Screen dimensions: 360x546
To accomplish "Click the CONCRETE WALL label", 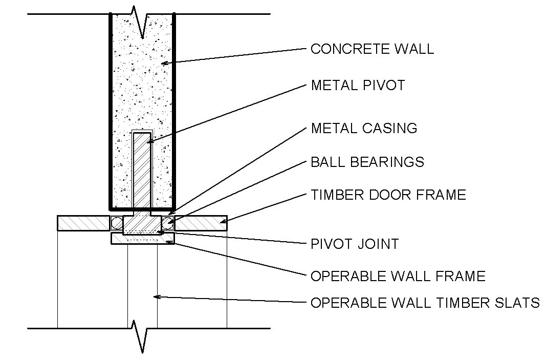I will click(x=372, y=49).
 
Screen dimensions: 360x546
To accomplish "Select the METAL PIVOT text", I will click(x=358, y=85).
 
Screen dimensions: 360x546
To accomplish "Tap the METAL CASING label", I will click(x=364, y=128).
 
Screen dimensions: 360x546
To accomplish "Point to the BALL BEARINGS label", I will click(x=367, y=162).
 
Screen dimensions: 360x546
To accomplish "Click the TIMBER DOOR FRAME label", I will click(x=388, y=195).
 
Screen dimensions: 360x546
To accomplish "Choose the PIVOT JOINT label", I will click(x=355, y=244).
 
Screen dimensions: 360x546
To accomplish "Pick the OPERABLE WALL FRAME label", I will click(x=398, y=277).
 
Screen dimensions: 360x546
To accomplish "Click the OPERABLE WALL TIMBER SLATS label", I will click(x=425, y=303).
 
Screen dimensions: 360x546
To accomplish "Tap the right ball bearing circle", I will click(x=167, y=223).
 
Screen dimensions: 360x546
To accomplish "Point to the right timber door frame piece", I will click(x=201, y=223).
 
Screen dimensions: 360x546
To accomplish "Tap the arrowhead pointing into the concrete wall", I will click(x=163, y=63).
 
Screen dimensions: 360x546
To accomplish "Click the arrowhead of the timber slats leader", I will click(x=157, y=297).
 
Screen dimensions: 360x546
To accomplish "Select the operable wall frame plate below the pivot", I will click(x=143, y=239).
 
